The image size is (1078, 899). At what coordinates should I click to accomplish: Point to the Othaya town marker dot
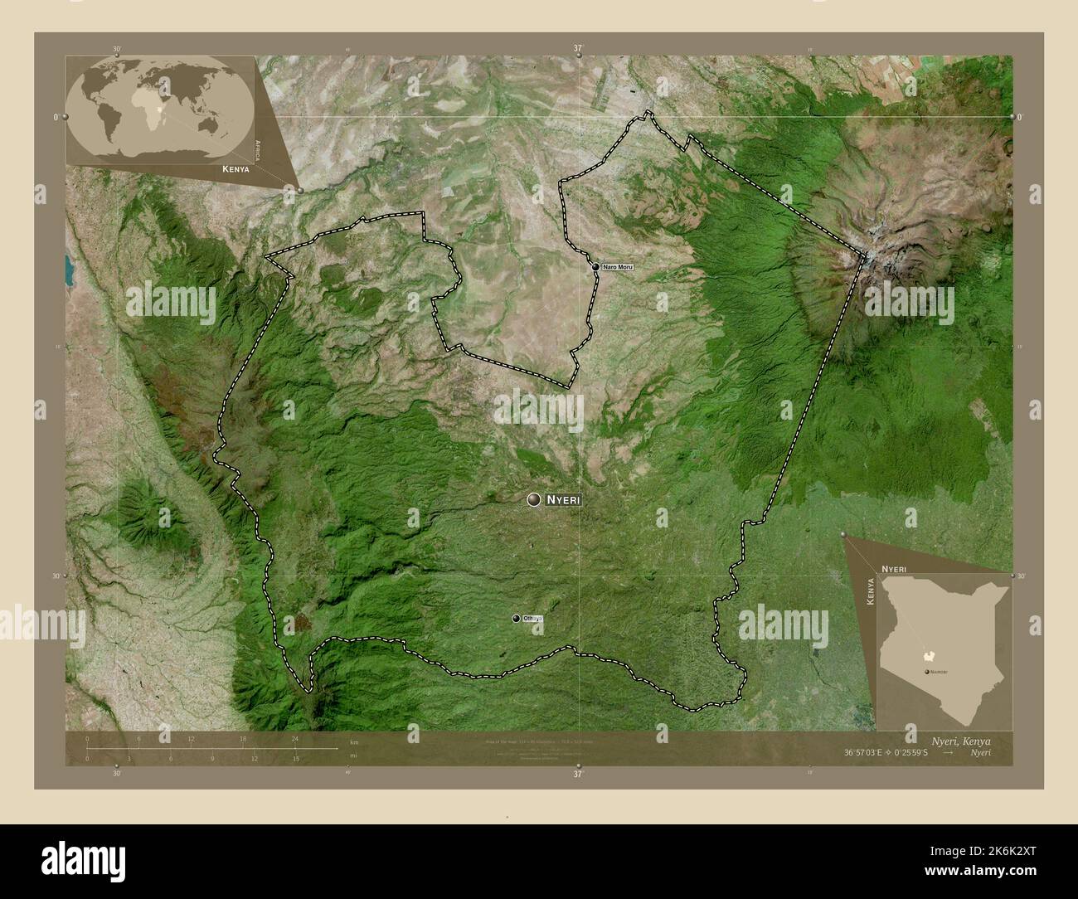pyautogui.click(x=516, y=619)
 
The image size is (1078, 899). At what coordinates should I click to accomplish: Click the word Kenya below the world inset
pyautogui.click(x=236, y=168)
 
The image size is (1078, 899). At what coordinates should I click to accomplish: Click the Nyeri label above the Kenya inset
pyautogui.click(x=893, y=568)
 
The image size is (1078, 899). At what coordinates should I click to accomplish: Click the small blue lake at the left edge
pyautogui.click(x=69, y=268)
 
